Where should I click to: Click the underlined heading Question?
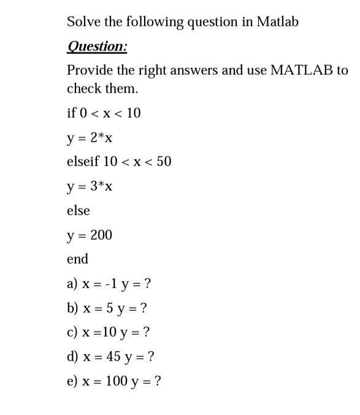click(97, 47)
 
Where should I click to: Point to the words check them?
click(102, 88)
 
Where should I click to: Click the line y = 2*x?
click(90, 137)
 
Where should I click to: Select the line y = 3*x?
click(90, 186)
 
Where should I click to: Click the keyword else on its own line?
click(78, 210)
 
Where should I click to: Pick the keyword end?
click(77, 259)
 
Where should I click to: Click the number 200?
click(101, 235)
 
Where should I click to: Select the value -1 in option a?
click(110, 284)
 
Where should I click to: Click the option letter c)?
click(72, 333)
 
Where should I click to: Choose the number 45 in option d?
click(112, 357)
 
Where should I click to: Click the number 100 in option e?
click(116, 381)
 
